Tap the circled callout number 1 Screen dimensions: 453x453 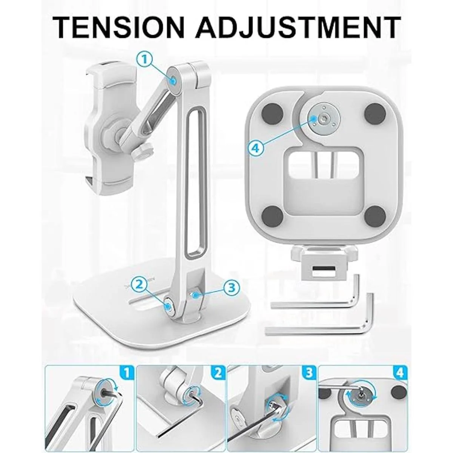coord(145,60)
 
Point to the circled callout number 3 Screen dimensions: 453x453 coord(231,287)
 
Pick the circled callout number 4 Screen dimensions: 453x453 coord(256,148)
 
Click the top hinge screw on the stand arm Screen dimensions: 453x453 coord(173,81)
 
